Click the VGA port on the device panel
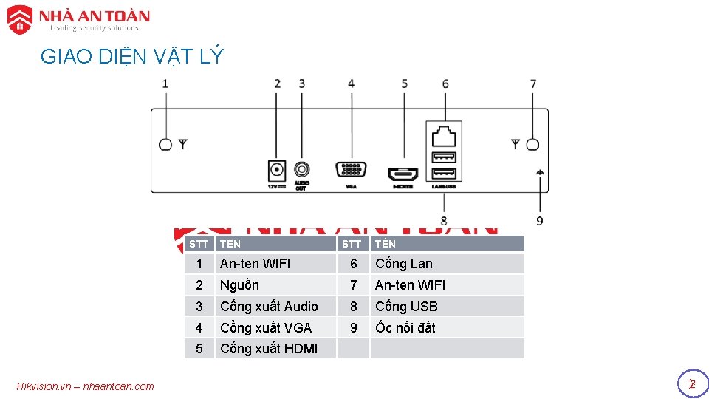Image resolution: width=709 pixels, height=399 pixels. tap(351, 170)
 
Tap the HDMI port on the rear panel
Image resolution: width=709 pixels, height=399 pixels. tap(403, 175)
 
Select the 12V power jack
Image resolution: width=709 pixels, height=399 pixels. tap(276, 170)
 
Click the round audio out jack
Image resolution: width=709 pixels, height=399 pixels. tap(301, 169)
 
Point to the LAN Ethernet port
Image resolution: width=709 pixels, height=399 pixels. tap(444, 136)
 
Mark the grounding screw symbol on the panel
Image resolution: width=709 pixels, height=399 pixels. tap(540, 171)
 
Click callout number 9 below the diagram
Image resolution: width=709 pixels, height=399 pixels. tap(540, 220)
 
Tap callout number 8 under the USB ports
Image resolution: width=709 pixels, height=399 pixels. tap(444, 220)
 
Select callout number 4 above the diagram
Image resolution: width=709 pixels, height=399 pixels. tap(351, 83)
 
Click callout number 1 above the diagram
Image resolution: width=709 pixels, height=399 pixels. tap(165, 83)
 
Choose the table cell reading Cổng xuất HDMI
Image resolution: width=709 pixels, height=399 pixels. tap(269, 349)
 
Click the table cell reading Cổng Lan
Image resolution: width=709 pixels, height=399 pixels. tap(404, 264)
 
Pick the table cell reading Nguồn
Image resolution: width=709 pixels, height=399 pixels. tap(239, 285)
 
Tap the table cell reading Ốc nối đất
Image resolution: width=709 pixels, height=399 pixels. tap(405, 327)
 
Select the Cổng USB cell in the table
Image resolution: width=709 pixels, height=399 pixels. tap(406, 306)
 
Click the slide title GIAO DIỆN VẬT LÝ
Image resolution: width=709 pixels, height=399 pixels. tap(131, 57)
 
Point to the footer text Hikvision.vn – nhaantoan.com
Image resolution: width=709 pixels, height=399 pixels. tap(85, 386)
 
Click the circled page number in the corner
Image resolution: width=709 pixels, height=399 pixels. tap(692, 384)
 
